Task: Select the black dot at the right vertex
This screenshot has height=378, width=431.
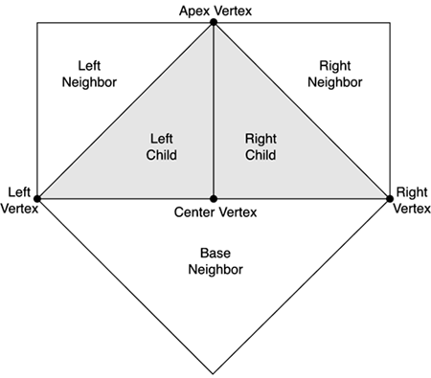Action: [x=390, y=198]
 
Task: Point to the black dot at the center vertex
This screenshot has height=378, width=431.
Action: [x=213, y=198]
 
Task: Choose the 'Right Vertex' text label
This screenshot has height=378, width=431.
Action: [x=412, y=198]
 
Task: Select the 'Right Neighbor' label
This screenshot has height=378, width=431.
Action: [x=336, y=75]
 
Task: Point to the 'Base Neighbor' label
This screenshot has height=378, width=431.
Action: [x=215, y=262]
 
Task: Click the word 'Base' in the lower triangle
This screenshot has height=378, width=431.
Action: [x=215, y=255]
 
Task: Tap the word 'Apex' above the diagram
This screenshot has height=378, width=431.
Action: [x=194, y=10]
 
